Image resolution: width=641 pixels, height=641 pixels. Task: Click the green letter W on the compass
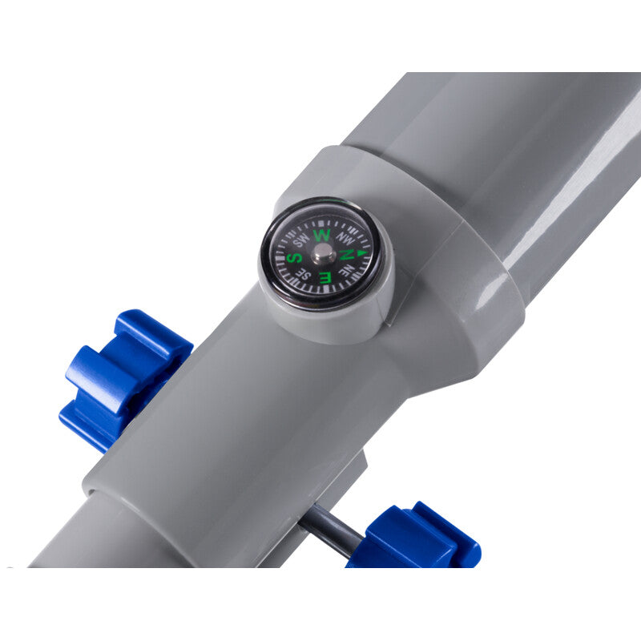click(x=322, y=236)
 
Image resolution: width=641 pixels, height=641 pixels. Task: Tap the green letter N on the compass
click(x=347, y=255)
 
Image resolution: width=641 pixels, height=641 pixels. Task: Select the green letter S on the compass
click(x=294, y=258)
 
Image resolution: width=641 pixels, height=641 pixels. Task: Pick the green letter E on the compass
click(x=326, y=277)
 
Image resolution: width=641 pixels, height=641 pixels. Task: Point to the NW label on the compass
click(x=345, y=238)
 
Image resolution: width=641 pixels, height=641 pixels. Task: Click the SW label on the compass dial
click(x=301, y=240)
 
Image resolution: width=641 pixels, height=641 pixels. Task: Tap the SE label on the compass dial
click(x=306, y=274)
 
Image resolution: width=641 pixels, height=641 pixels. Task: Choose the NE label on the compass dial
click(x=347, y=270)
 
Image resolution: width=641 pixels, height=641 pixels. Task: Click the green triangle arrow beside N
click(x=362, y=253)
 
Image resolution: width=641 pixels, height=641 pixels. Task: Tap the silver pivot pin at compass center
click(x=323, y=254)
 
